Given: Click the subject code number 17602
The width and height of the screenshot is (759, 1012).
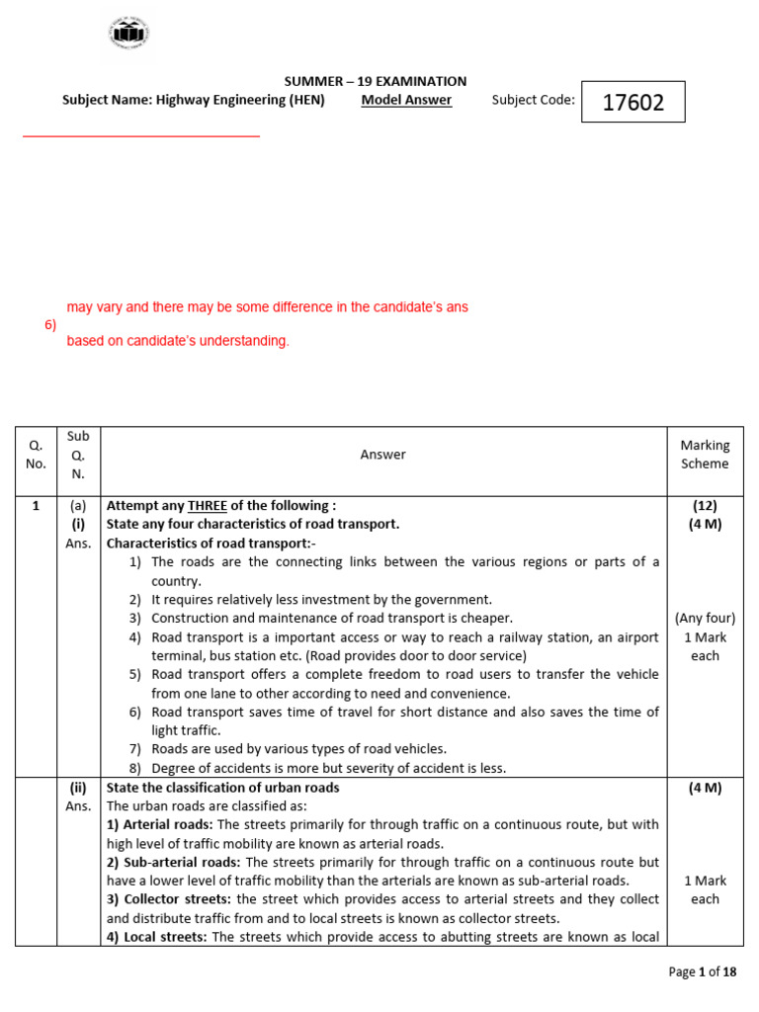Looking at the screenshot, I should (x=632, y=102).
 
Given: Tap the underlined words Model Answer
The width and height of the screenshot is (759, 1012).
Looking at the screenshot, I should (x=406, y=100).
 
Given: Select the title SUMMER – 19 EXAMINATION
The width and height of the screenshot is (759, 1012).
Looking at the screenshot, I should (x=376, y=82).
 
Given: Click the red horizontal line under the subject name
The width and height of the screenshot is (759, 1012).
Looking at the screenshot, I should (x=140, y=136).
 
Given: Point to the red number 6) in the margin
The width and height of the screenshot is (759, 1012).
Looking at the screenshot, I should (x=50, y=324).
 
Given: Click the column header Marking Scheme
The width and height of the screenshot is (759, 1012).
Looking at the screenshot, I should (x=705, y=455).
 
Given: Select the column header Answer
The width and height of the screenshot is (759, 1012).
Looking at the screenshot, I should (x=382, y=455).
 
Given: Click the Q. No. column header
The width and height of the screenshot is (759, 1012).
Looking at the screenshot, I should (x=36, y=455).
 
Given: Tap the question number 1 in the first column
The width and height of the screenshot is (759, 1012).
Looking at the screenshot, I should (x=36, y=505).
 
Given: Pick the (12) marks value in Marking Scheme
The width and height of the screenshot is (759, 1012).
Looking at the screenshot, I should (x=705, y=505).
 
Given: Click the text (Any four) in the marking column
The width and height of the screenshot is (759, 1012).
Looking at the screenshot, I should (x=705, y=619).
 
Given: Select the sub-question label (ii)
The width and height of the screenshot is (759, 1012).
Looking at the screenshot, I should (x=79, y=788).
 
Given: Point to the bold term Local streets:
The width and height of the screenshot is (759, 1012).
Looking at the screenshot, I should (x=156, y=938).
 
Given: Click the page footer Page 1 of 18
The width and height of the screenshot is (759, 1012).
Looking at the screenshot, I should (x=703, y=972).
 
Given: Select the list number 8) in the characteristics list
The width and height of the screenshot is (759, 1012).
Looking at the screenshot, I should (x=136, y=768).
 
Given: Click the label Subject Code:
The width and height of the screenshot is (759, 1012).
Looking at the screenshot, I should (x=533, y=100).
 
